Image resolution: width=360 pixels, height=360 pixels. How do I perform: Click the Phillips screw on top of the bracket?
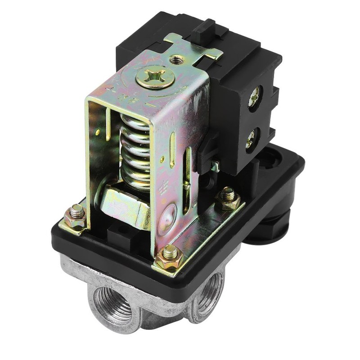pos(155,77)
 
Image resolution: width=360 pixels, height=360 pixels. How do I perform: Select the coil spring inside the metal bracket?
pos(135,148)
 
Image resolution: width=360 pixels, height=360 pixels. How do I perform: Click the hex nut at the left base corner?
pos(76,217)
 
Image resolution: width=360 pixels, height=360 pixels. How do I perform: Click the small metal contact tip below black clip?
pos(216,168)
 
